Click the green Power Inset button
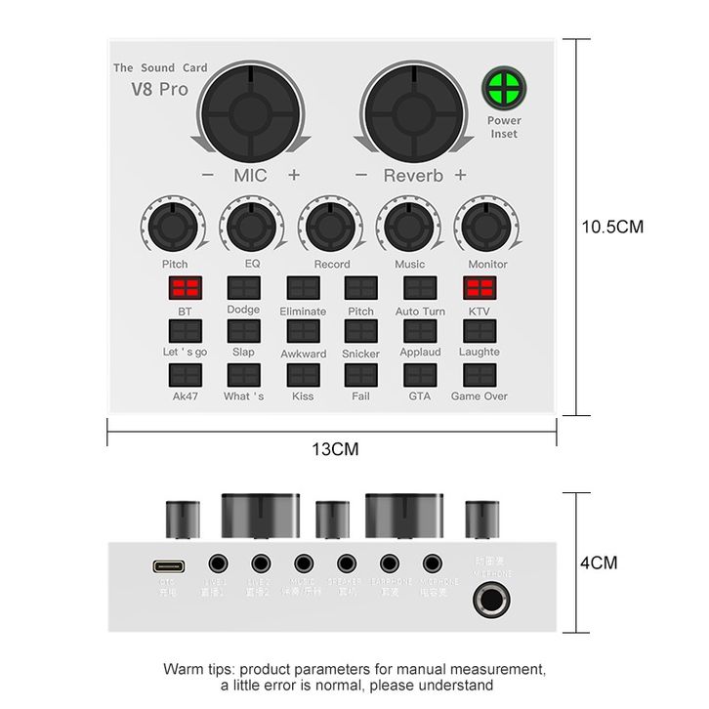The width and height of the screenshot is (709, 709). tap(503, 90)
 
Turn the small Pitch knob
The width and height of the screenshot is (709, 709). tap(175, 227)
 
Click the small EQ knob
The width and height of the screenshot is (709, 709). tap(252, 227)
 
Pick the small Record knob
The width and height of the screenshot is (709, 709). tap(331, 227)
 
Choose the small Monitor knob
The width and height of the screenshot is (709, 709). tap(487, 227)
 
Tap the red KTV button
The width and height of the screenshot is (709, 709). tap(479, 288)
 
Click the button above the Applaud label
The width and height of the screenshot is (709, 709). tap(420, 331)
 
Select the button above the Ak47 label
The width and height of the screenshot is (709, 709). tap(186, 375)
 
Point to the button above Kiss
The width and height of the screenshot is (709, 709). tap(303, 375)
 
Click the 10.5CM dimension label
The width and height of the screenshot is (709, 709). tap(612, 227)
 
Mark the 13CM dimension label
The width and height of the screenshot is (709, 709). tap(335, 449)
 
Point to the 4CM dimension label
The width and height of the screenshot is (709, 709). tap(599, 563)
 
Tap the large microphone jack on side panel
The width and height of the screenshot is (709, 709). tap(494, 601)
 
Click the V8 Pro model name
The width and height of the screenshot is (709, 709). tap(160, 89)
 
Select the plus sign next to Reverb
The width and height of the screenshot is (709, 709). tap(460, 175)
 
